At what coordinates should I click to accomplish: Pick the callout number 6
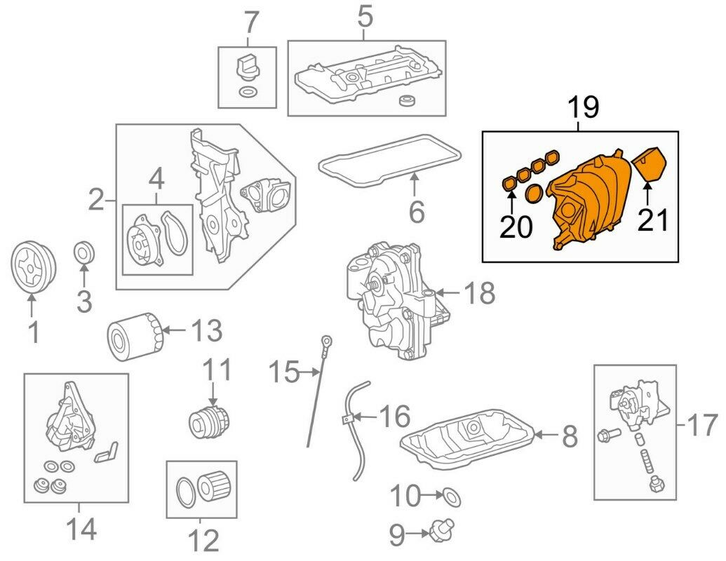click(416, 211)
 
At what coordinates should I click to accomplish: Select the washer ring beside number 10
click(453, 498)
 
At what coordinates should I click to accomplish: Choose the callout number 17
click(702, 425)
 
